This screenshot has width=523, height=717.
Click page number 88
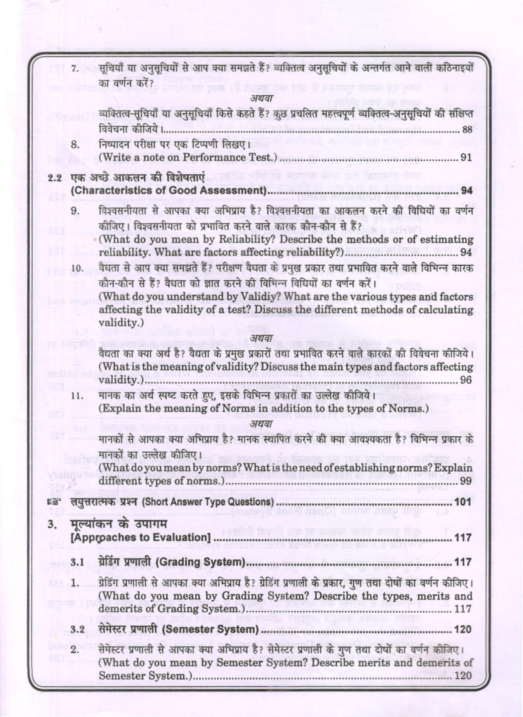(467, 130)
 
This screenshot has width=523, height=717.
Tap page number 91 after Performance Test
(466, 158)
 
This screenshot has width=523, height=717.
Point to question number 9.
(76, 211)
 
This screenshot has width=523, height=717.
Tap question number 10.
(78, 269)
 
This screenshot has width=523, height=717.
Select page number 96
(466, 380)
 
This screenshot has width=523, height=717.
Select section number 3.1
(78, 562)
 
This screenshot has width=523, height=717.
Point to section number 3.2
(78, 629)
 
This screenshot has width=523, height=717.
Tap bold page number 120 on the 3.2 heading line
(463, 629)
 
